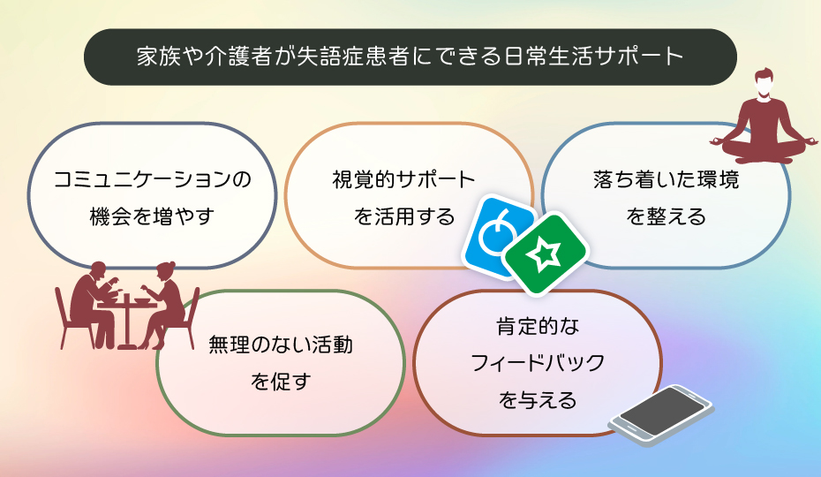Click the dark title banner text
[x=410, y=57]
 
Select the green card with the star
[x=546, y=255]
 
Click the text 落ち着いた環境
[x=666, y=180]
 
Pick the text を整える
[x=666, y=216]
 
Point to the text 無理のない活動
[x=281, y=345]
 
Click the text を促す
[x=281, y=382]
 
